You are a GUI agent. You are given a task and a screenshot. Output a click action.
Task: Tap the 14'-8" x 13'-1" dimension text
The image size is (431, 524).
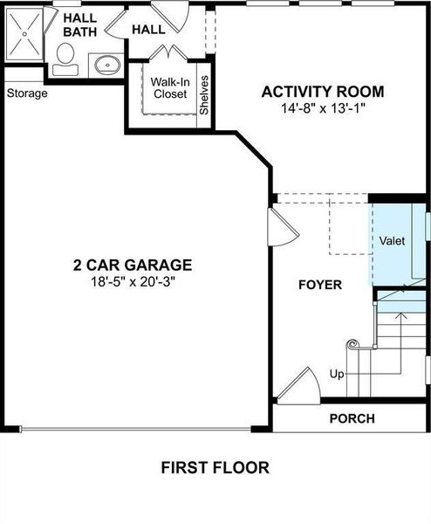point(324,109)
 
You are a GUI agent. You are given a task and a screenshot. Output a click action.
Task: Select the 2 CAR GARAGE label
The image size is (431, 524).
point(132,265)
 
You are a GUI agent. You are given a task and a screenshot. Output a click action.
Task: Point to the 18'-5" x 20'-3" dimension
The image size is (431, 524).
point(132,282)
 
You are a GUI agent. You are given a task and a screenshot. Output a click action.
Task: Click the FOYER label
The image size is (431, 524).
point(320,285)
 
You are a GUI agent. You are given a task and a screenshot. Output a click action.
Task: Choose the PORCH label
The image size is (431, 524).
point(352,418)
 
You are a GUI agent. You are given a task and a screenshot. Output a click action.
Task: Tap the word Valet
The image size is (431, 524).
point(392,240)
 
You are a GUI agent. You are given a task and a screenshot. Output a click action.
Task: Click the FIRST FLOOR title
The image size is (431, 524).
point(215,467)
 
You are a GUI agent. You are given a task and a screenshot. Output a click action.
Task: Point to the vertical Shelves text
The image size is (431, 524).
point(204,96)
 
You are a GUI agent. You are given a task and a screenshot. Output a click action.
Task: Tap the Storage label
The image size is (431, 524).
point(26,93)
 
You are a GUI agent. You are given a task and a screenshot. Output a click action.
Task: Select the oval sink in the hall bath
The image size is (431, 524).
point(107,64)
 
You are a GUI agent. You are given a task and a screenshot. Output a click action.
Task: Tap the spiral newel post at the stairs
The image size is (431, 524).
point(352,345)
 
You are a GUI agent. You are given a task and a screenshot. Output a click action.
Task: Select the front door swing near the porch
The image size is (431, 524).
point(298,386)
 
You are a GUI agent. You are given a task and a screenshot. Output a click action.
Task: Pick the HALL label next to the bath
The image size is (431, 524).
point(147,30)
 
